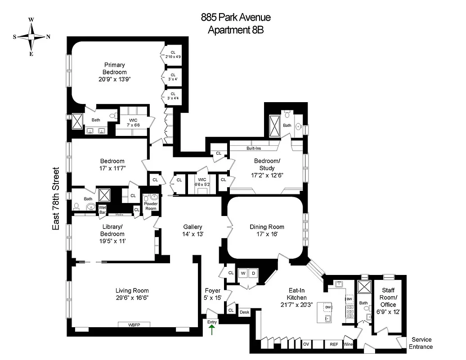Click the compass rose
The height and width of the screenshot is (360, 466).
coord(31,36)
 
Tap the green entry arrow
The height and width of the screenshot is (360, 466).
coord(212,330)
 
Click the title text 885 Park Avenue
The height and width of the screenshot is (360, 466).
coord(235,18)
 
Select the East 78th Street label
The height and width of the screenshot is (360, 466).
coord(56,199)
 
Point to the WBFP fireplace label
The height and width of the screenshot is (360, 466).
coord(134,325)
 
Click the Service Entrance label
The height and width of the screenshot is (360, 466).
coord(421,343)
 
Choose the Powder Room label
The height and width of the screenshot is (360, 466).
coord(151,206)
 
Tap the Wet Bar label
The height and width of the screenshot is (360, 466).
coord(102,210)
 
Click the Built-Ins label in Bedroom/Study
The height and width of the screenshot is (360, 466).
coord(254,148)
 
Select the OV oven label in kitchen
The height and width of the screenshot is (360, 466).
coord(306,344)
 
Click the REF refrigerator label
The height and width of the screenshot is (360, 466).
coord(334,344)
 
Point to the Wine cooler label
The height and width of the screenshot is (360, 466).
coord(349,344)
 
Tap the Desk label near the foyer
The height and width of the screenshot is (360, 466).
coord(244,312)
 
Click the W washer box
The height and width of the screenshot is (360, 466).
coord(243,273)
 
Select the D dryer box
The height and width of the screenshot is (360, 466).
coord(253,273)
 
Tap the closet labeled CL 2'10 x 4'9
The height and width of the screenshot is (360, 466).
coord(173,54)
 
